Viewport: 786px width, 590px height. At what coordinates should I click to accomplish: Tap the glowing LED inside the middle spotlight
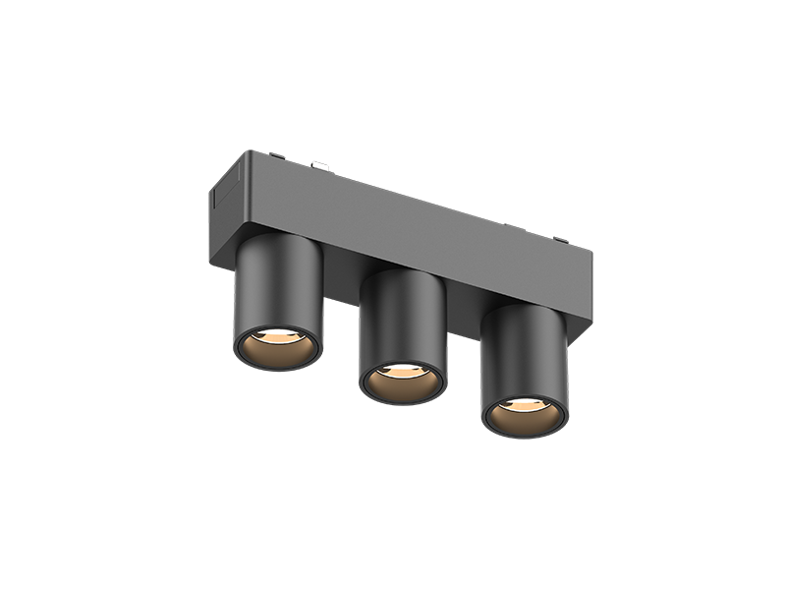pyautogui.click(x=403, y=371)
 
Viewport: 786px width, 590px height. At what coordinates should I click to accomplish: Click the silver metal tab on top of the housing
pyautogui.click(x=320, y=165)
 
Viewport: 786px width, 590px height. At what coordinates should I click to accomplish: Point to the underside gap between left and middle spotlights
pyautogui.click(x=341, y=284)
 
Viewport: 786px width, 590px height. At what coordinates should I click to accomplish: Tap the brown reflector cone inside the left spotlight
pyautogui.click(x=276, y=348)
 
